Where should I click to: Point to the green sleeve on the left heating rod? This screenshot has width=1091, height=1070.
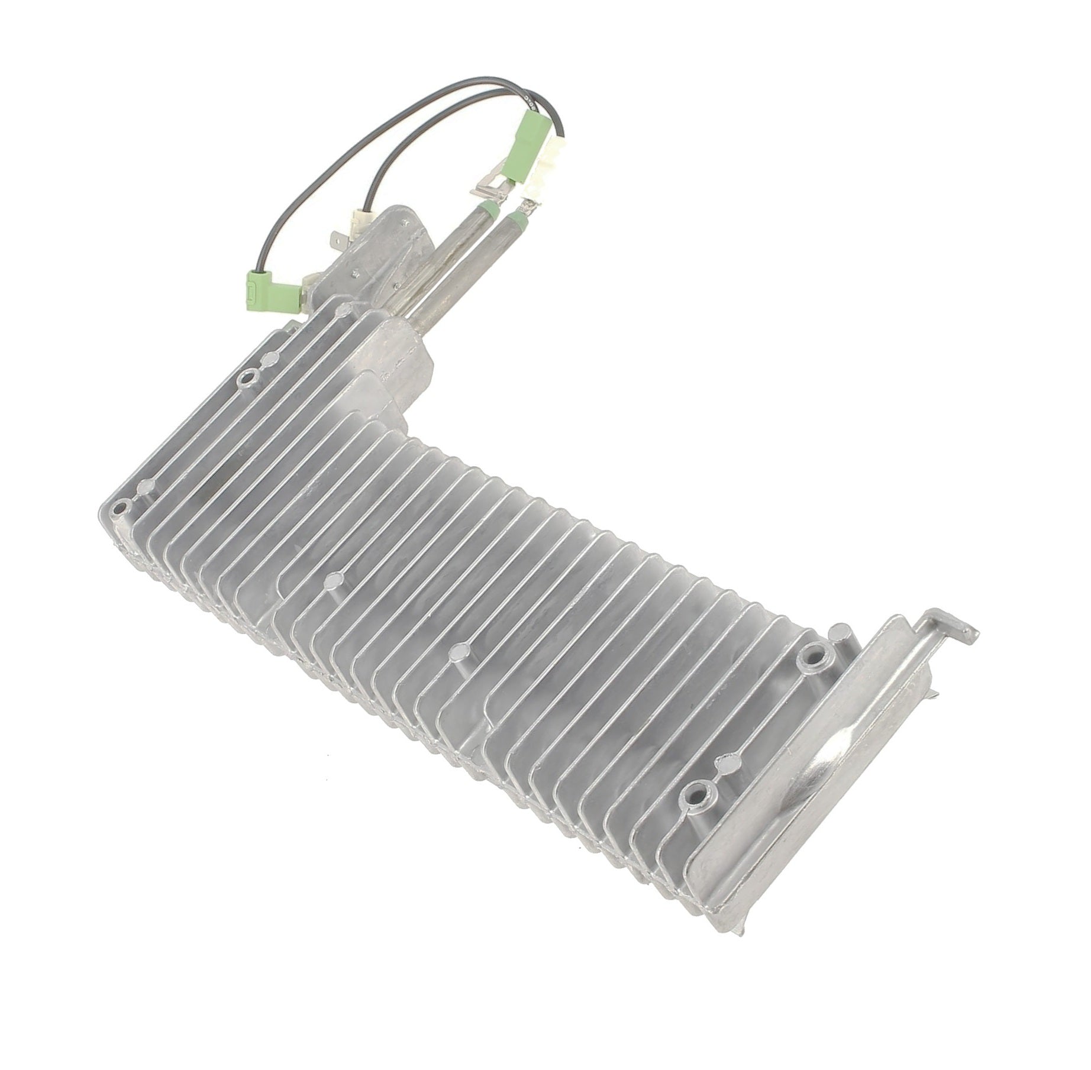pos(490,208)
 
